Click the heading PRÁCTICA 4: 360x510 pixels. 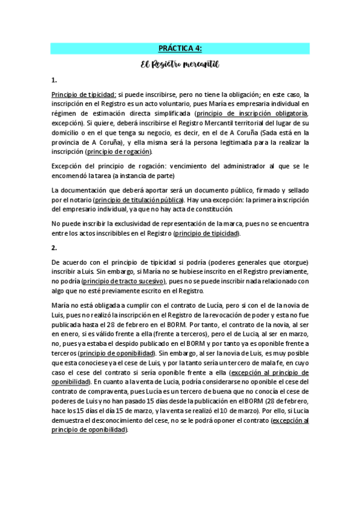coord(180,49)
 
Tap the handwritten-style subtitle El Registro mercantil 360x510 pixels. coord(180,63)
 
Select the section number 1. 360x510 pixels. coord(54,79)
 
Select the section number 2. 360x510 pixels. coord(54,247)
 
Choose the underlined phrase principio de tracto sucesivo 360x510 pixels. coord(123,280)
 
